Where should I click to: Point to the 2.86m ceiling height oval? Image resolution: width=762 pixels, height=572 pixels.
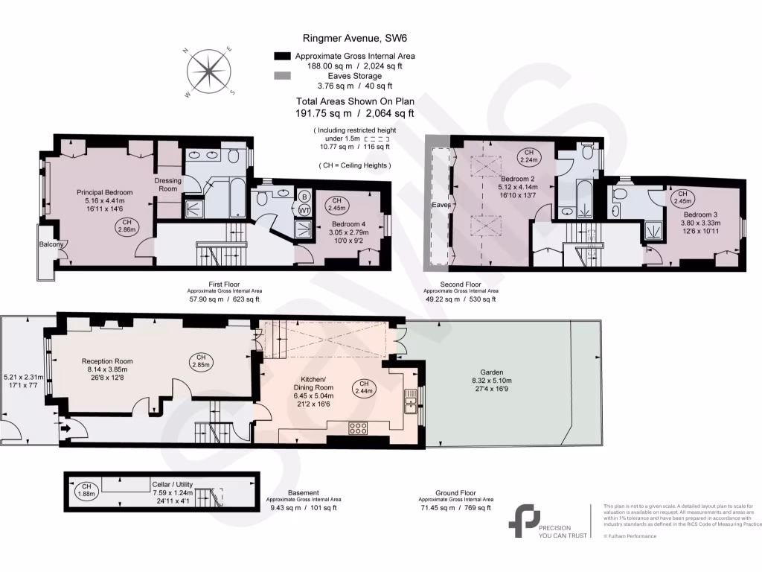click(x=127, y=227)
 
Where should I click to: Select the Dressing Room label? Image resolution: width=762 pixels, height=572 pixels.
click(x=167, y=185)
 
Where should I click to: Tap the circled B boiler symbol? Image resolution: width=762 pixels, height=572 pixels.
click(x=304, y=197)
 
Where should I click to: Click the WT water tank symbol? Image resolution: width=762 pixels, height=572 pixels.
click(x=304, y=211)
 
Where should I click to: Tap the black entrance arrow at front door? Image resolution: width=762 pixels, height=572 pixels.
click(x=66, y=428)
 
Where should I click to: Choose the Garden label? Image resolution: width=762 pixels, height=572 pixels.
click(x=491, y=372)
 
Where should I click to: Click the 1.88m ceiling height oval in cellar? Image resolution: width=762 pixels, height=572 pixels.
click(x=86, y=490)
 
